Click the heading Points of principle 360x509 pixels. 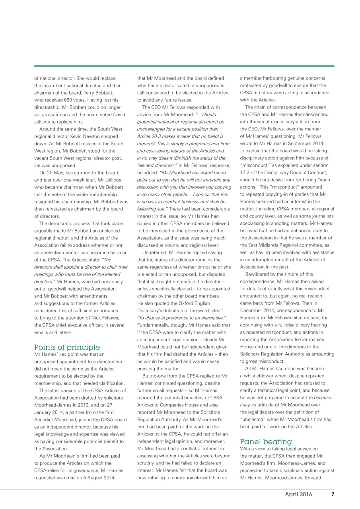tap(67, 348)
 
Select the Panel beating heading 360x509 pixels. tap(266, 441)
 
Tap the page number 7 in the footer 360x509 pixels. tap(332, 495)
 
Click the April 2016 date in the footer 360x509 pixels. tap(298, 495)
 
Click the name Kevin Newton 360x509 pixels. tap(93, 136)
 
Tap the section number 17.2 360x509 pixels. tap(246, 173)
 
